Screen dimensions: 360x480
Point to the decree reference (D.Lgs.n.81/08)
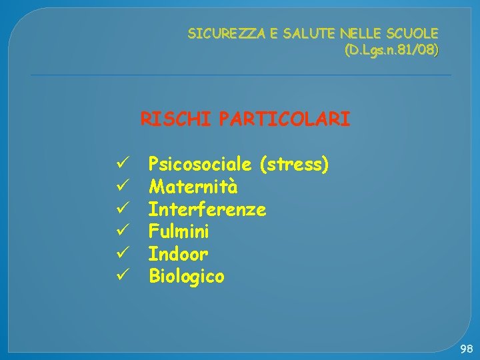pos(391,50)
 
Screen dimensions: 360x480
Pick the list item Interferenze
pos(207,209)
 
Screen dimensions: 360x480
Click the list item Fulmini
pos(179,232)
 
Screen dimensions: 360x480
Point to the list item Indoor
pos(178,254)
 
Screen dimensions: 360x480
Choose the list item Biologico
pos(187,276)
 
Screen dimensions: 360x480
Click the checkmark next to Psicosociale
pos(121,163)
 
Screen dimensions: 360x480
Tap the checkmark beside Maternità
pos(121,186)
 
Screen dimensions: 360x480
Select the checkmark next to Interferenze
pos(121,209)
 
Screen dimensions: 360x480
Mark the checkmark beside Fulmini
pos(121,231)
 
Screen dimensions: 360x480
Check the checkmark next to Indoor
pos(121,253)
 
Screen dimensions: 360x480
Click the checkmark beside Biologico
pos(121,275)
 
